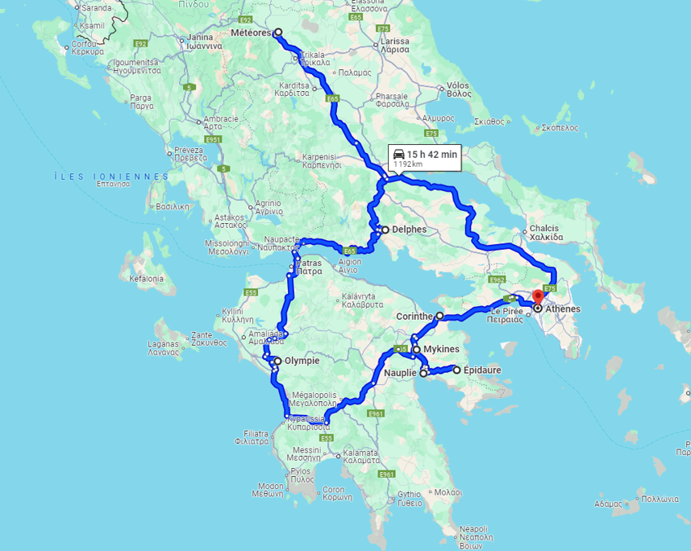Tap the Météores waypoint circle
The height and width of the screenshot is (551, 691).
(x=278, y=33)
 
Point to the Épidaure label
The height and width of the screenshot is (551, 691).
(x=481, y=370)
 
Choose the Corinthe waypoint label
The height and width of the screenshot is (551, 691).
(x=415, y=317)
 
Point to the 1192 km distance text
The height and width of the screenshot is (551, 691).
(x=408, y=164)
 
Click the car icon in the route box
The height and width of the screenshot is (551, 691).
(x=398, y=154)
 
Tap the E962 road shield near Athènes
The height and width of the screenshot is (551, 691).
(x=497, y=280)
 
